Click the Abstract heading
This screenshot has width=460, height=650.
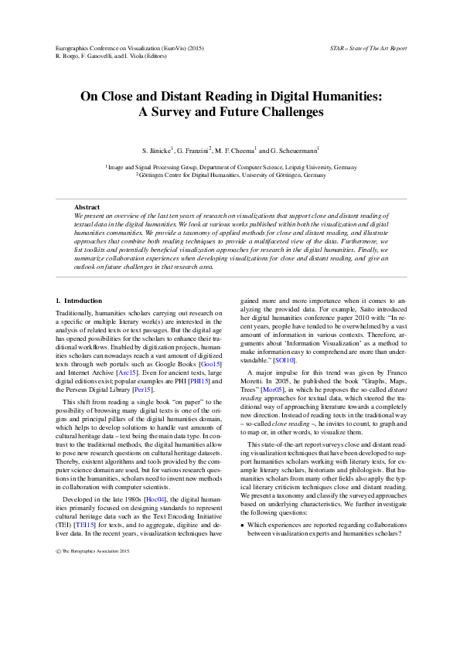(x=87, y=207)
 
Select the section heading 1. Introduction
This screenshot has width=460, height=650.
(x=79, y=300)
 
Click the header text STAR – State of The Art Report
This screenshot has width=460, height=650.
(x=367, y=48)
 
